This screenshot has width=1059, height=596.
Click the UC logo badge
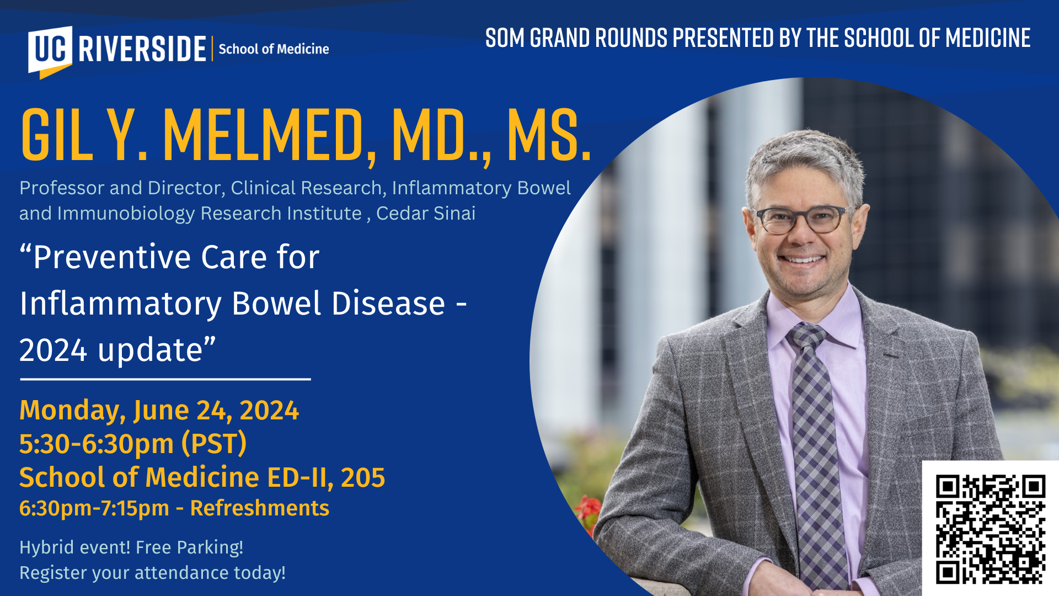pos(50,51)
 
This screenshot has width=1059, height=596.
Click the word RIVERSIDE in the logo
pos(142,49)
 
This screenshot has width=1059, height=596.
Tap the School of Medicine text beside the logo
pos(274,49)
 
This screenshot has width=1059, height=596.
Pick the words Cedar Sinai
pos(425,213)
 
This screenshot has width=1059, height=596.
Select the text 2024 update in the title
pos(111,350)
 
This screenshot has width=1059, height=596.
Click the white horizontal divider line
pos(165,379)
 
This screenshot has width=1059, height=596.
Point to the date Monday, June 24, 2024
pos(159,410)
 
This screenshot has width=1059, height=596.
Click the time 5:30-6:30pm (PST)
pos(133,444)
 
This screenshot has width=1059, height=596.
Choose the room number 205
pos(363,477)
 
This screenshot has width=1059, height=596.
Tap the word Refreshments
pos(259,508)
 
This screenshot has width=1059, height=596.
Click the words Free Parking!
pos(189,547)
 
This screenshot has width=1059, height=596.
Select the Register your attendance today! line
pos(153,573)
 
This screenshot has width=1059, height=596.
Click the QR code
pos(991,529)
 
